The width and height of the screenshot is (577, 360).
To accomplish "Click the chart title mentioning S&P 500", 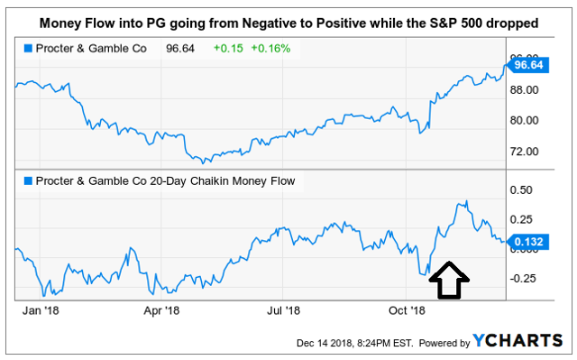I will coord(288,20).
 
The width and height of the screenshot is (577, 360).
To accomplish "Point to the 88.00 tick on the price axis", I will coord(525,90).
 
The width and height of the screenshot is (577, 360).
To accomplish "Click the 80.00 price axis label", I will coord(525,120).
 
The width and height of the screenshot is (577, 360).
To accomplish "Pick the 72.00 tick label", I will coord(525,151).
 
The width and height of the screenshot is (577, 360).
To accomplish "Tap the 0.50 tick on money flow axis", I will coord(521,190).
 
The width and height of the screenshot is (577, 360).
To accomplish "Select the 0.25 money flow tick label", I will coord(521,219).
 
